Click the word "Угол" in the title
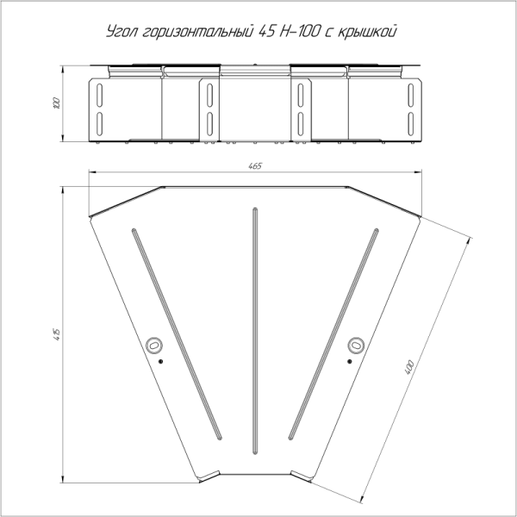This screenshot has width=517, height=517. pos(121,32)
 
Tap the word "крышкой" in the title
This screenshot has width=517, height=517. pos(367,32)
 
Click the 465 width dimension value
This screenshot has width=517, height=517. pos(255,165)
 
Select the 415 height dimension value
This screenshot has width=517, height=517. pos(57,334)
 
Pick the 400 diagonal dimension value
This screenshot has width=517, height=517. pos(409,367)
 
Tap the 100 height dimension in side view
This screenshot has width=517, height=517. pos(57,103)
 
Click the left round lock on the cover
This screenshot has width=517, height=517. pos(154,346)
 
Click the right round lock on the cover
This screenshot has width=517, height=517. pos(356,346)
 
